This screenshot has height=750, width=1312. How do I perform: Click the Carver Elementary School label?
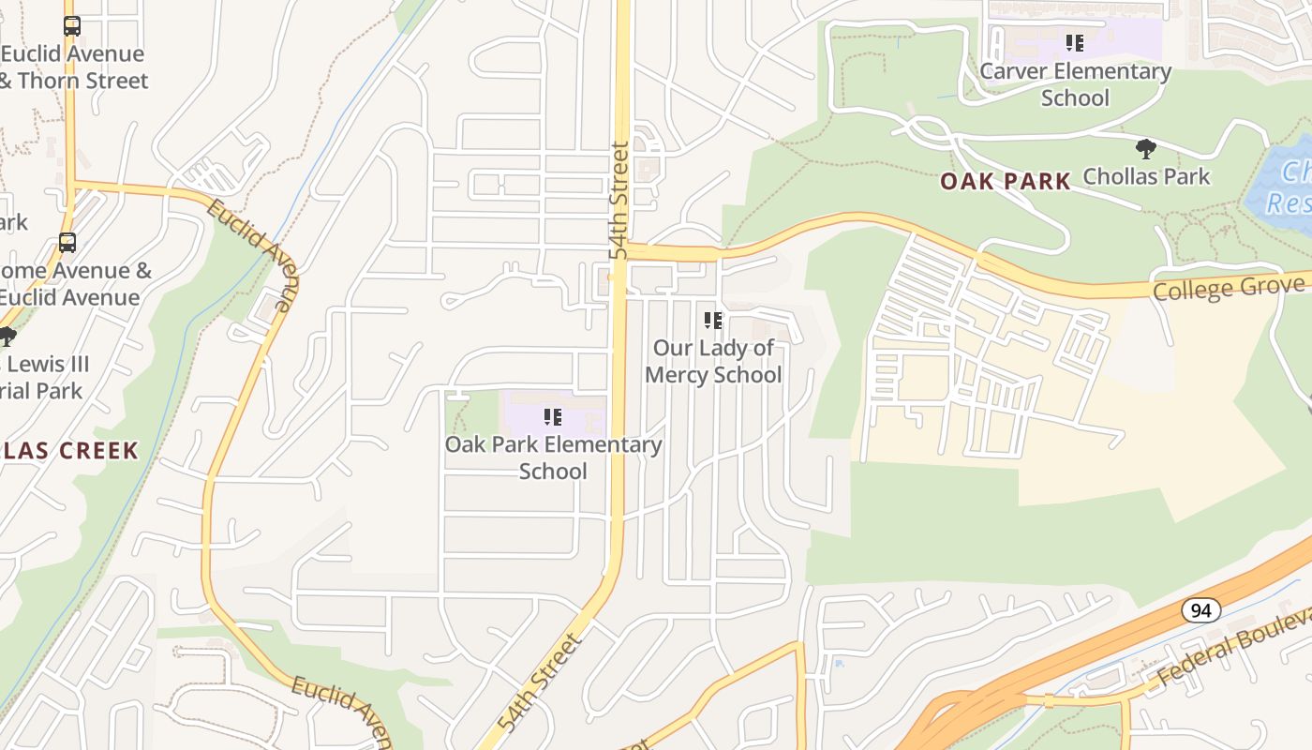[x=1075, y=84]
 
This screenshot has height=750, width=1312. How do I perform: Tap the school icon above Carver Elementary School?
[x=1075, y=43]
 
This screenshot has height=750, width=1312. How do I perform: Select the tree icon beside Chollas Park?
[x=1145, y=148]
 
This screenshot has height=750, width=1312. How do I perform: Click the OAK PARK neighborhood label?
[x=1006, y=181]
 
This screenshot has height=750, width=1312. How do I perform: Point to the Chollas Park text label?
[x=1146, y=176]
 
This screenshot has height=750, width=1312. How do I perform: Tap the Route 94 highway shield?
[x=1200, y=610]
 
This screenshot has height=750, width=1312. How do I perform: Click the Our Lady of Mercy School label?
[x=713, y=361]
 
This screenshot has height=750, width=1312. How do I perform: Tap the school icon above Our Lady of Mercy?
[x=713, y=321]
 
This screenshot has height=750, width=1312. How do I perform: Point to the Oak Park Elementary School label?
[x=553, y=457]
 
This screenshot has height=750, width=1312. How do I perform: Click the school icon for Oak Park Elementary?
[x=553, y=417]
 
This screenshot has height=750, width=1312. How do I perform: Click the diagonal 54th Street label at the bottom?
[x=541, y=682]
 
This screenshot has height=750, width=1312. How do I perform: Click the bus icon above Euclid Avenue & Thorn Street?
[x=72, y=26]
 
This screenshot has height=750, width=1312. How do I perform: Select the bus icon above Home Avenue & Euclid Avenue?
[x=67, y=243]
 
